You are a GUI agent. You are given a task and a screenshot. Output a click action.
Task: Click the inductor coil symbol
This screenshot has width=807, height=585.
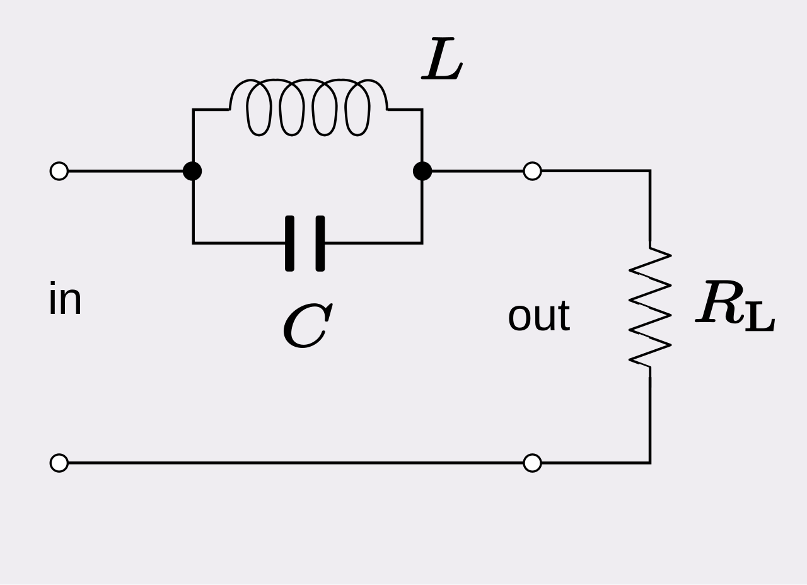[308, 80]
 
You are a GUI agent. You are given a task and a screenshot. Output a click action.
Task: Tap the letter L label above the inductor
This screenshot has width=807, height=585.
[442, 59]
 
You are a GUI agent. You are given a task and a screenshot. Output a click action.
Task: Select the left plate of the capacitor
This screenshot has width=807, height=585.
[289, 243]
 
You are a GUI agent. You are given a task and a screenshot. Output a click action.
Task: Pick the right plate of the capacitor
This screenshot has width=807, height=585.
[320, 243]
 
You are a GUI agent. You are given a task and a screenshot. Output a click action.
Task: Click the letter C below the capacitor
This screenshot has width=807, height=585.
[308, 325]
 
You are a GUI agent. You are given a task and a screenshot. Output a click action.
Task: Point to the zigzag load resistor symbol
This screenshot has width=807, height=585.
[650, 307]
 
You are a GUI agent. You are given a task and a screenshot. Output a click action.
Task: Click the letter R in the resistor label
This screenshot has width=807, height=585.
[719, 301]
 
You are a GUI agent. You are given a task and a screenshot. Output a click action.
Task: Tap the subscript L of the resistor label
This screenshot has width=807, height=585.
[760, 316]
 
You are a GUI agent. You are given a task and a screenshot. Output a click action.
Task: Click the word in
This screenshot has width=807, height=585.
[65, 298]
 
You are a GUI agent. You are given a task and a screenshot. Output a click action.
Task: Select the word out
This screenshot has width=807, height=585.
[539, 316]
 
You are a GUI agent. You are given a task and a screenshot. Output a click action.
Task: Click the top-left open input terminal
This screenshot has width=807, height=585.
[59, 171]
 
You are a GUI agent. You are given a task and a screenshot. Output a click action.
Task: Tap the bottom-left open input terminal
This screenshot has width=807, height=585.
[59, 463]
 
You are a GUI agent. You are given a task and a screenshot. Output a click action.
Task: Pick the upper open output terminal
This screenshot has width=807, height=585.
[532, 171]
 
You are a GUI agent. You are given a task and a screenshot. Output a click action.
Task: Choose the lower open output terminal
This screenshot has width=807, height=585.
[532, 463]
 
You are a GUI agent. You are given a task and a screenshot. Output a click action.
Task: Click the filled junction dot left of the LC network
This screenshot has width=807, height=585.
[192, 171]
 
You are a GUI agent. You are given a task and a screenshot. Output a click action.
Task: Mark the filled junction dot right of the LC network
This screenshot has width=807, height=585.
[422, 171]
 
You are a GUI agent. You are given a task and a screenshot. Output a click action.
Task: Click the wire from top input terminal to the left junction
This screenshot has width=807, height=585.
[125, 171]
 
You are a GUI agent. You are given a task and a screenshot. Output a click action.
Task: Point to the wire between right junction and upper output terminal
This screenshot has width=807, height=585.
[477, 171]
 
